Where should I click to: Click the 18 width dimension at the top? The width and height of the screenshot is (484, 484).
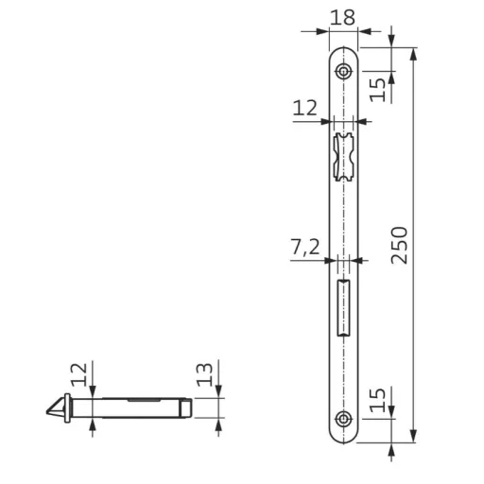click(x=343, y=16)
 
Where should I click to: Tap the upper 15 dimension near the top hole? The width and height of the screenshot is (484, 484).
click(x=376, y=88)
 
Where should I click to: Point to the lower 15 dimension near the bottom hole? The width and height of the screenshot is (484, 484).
click(x=376, y=401)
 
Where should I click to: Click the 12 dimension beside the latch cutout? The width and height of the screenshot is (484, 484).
click(x=304, y=109)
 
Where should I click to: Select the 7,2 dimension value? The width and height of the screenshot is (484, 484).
click(x=304, y=248)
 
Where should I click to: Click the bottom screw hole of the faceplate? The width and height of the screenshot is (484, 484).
click(x=344, y=419)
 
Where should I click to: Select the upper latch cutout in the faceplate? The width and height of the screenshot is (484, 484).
click(x=344, y=157)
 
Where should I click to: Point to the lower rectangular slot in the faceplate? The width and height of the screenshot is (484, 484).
click(x=344, y=305)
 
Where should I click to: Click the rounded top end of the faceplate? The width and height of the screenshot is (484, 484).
click(x=344, y=51)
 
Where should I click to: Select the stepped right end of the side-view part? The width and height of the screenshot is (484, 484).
click(x=189, y=407)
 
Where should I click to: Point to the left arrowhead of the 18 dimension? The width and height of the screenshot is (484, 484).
click(x=325, y=30)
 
